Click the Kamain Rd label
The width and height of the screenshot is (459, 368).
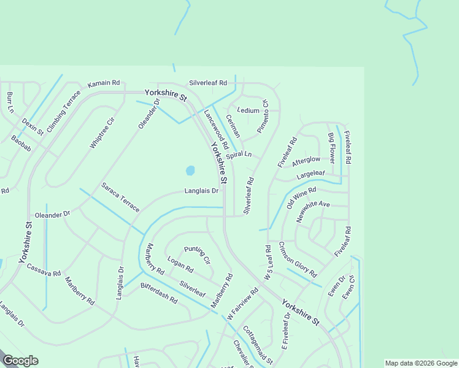click(104, 83)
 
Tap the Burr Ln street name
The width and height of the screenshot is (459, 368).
click(10, 102)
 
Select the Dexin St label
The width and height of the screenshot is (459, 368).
click(33, 127)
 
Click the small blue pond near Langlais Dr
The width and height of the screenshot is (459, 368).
click(190, 169)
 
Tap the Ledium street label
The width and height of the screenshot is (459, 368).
click(248, 110)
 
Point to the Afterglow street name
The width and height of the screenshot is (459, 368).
click(306, 161)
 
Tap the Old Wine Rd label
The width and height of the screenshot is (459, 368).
click(301, 198)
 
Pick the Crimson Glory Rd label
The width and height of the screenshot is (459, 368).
click(298, 259)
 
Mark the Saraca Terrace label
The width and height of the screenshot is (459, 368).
click(121, 196)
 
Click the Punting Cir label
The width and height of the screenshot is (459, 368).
click(197, 253)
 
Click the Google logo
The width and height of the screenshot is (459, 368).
click(20, 361)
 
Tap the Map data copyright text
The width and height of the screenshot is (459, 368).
click(420, 363)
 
